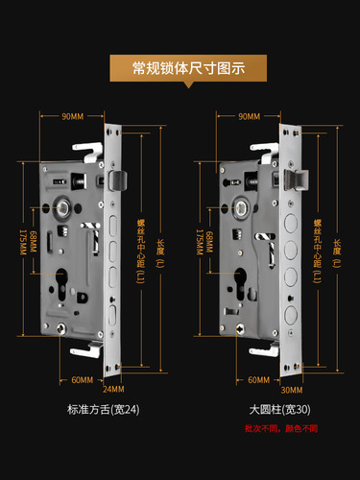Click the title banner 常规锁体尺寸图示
180,68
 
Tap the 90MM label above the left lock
72,116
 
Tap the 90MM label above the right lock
249,116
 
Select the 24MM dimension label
113,389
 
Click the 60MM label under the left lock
83,379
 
